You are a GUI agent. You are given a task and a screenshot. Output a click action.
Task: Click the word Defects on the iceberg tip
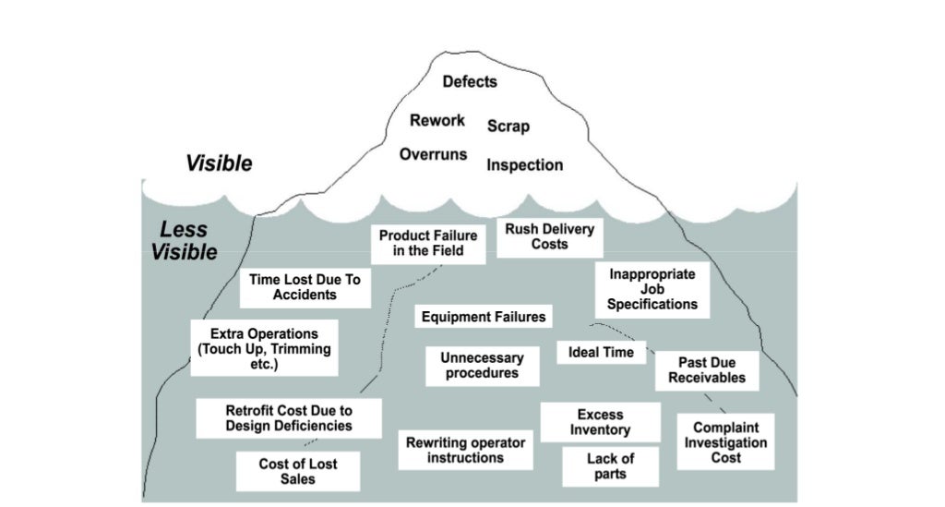(469, 81)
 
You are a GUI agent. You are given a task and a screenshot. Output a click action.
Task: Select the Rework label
(437, 120)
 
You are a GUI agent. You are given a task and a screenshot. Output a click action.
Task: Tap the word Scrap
(508, 126)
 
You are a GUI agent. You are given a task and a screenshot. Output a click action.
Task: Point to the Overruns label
(433, 154)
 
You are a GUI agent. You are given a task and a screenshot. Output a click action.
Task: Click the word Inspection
(524, 165)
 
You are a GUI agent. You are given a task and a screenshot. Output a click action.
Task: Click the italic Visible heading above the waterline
(219, 164)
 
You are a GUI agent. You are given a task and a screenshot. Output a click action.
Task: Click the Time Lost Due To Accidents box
(305, 286)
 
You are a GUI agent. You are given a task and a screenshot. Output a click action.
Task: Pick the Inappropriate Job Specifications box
(652, 289)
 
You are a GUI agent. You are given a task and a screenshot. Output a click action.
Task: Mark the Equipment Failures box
(484, 317)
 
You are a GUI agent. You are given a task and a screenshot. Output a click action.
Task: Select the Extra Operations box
(264, 347)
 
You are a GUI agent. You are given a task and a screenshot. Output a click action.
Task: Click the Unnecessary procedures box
(482, 366)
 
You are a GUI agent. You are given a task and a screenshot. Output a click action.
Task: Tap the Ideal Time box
(601, 352)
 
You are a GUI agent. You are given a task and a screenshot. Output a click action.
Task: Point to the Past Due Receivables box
(707, 371)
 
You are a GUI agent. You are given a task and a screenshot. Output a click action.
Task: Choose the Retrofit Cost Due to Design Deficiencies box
(289, 417)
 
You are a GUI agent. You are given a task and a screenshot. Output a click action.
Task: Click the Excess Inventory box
(600, 422)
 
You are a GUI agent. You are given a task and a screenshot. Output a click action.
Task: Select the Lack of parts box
(611, 466)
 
